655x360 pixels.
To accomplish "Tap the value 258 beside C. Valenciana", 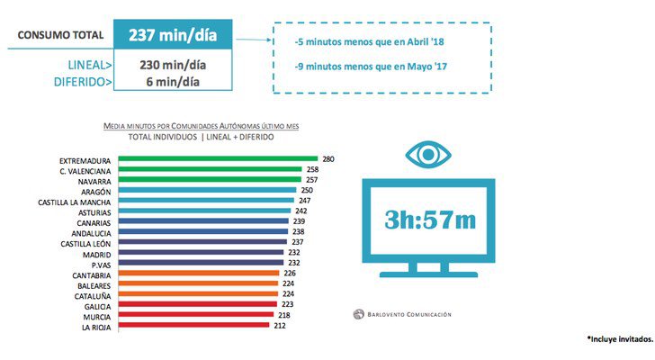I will [x=313, y=169].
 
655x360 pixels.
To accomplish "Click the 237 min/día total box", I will [x=174, y=36].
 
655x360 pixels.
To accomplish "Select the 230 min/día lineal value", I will [x=174, y=65].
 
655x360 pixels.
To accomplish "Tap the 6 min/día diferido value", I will [x=174, y=82].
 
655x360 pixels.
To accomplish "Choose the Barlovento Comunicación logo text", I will [x=405, y=314].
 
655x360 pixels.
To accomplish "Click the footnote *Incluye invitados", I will [x=618, y=337].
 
